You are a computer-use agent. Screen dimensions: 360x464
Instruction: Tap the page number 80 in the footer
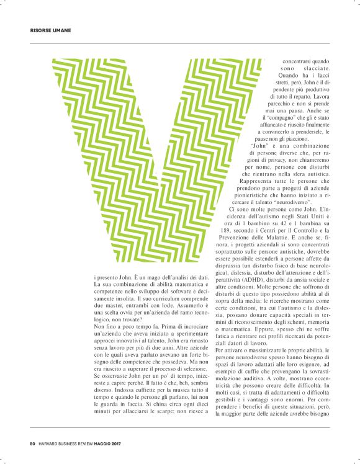click(x=32, y=443)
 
